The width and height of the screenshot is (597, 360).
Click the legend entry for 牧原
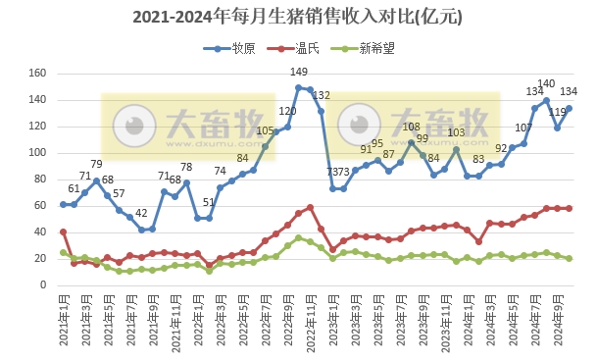tap(244, 47)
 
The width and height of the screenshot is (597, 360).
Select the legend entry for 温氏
tap(308, 47)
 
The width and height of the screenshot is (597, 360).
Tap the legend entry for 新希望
tap(376, 47)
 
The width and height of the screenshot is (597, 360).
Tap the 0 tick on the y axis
tap(44, 284)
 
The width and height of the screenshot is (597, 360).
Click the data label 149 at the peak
tap(300, 73)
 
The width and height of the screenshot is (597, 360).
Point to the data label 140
tap(547, 84)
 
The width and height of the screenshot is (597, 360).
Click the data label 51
tap(208, 202)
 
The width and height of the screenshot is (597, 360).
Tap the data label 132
tap(322, 95)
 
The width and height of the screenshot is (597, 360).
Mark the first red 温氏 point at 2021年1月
tap(63, 232)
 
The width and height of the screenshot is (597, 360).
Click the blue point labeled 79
tap(96, 180)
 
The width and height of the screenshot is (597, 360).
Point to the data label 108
tap(412, 127)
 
